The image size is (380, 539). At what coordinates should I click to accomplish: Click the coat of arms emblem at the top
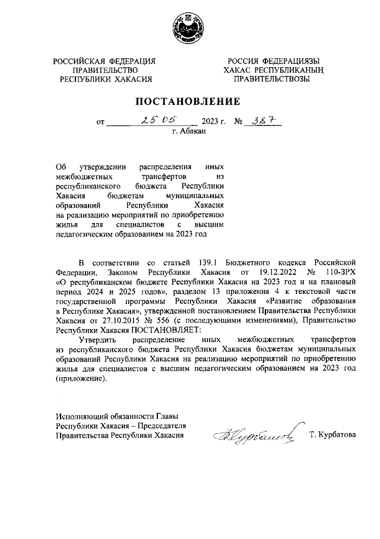[x=189, y=29]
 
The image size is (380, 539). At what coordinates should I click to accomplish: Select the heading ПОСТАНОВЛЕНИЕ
[x=190, y=101]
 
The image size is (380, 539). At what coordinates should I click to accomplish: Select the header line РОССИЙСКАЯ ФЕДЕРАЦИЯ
[x=104, y=61]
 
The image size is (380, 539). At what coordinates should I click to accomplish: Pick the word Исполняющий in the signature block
[x=83, y=416]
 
